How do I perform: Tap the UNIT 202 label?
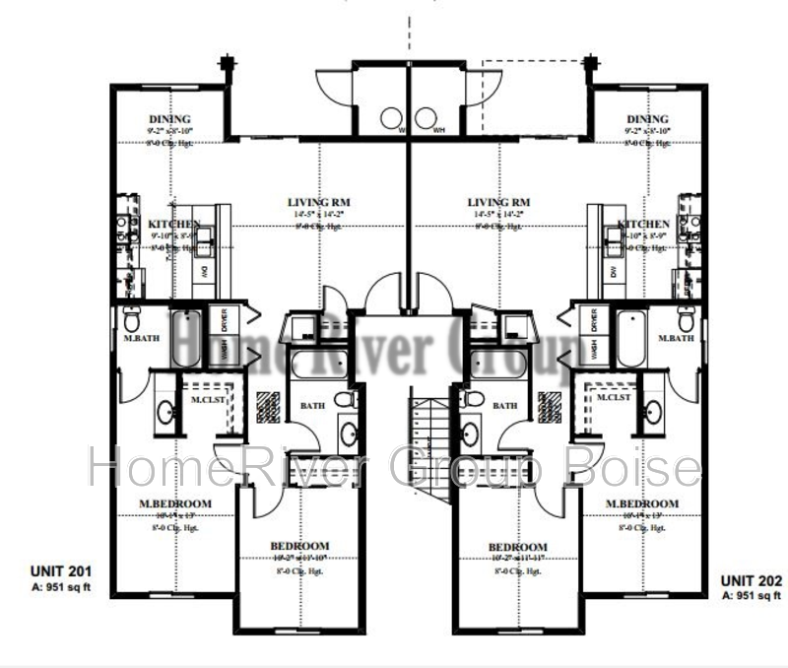[x=751, y=581]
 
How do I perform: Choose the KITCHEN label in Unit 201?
[x=174, y=225]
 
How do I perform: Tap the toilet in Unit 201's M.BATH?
[x=131, y=320]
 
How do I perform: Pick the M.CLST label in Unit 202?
[x=614, y=397]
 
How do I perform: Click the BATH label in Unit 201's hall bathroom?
[x=312, y=405]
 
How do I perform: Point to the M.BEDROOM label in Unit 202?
[x=642, y=503]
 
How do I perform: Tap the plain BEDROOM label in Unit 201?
[x=299, y=546]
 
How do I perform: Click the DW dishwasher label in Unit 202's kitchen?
[x=612, y=272]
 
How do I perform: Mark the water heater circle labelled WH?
[x=427, y=117]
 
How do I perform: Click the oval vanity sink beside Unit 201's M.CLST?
[x=164, y=413]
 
